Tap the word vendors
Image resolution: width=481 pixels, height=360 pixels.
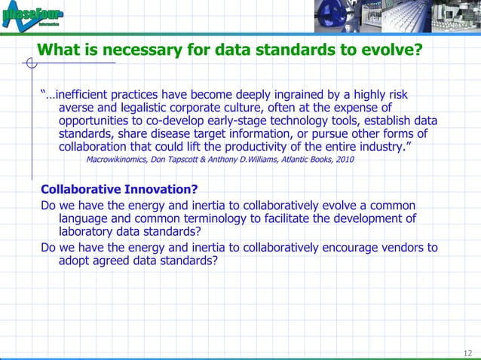pos(403,247)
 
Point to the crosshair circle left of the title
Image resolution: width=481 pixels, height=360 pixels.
pos(30,63)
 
